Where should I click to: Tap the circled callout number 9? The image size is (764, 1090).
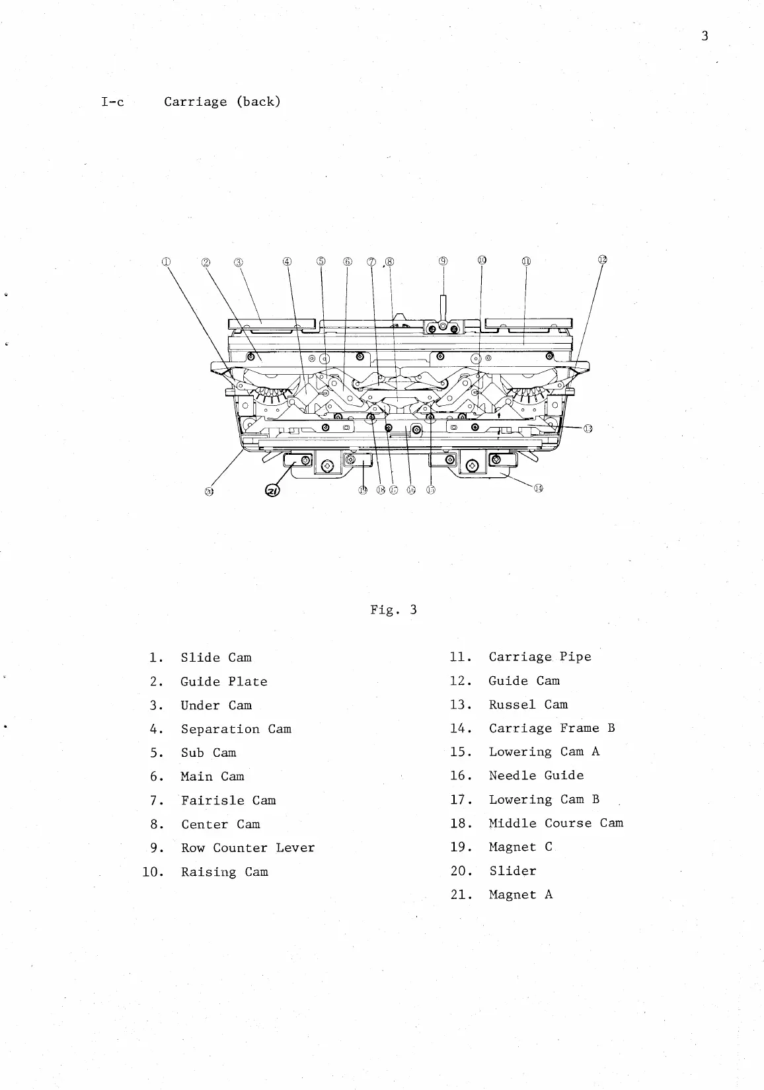(x=443, y=261)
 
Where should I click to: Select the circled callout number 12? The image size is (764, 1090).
(x=602, y=259)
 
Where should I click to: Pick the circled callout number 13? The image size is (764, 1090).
(x=587, y=428)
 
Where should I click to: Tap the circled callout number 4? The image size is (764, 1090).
(x=287, y=261)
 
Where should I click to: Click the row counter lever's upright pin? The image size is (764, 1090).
(x=443, y=306)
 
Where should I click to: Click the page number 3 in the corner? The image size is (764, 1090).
(x=705, y=36)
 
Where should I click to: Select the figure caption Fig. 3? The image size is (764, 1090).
(x=393, y=609)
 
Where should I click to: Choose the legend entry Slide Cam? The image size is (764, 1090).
(x=216, y=658)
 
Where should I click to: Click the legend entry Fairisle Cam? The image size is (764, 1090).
(x=229, y=800)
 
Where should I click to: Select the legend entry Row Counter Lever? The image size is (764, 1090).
(x=248, y=848)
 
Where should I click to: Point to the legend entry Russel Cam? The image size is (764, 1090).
(x=528, y=705)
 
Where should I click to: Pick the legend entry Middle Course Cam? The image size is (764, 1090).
(x=556, y=824)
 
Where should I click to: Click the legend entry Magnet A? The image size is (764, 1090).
(x=521, y=895)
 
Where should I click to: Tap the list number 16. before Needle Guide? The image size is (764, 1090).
(x=460, y=776)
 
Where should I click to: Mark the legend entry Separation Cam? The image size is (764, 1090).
(x=236, y=729)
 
